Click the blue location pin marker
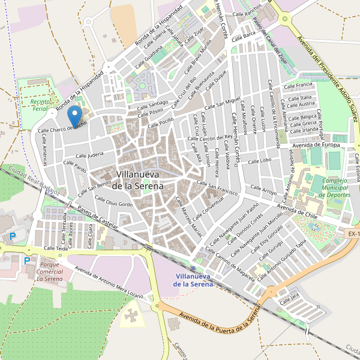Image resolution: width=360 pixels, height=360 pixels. (74, 116)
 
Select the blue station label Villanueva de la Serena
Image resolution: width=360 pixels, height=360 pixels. (193, 280)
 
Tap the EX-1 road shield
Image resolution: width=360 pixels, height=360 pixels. (353, 233)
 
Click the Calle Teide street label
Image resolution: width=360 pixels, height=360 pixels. (57, 248)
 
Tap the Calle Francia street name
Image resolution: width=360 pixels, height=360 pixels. (298, 86)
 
